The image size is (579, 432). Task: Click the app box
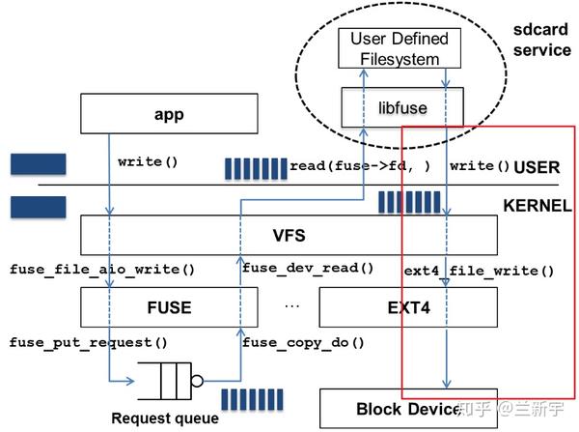click(168, 115)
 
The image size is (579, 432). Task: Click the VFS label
click(289, 235)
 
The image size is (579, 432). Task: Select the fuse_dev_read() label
click(307, 268)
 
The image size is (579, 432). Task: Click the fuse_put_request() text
click(89, 342)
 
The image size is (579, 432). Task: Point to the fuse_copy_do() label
click(302, 342)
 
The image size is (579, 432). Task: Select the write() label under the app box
click(148, 161)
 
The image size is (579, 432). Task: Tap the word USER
click(537, 167)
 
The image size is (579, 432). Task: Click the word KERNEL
click(537, 206)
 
